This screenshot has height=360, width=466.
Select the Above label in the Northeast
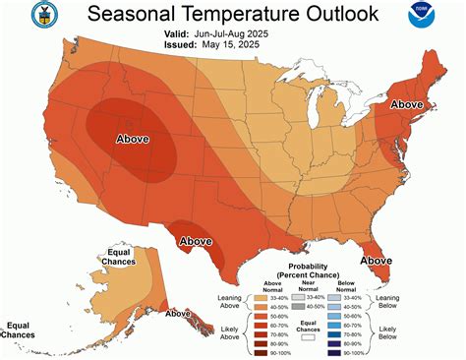[x=407, y=102]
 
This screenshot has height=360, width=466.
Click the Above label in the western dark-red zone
[x=133, y=139]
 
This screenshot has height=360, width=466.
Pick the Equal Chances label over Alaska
[x=113, y=259]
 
